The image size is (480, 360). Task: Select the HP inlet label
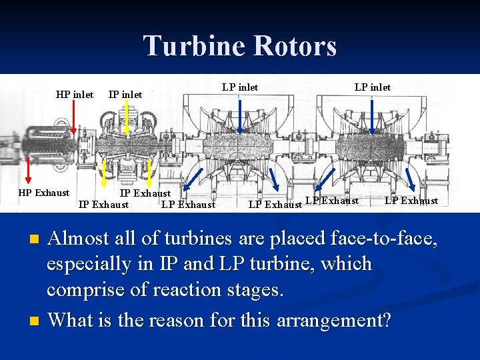pos(75,95)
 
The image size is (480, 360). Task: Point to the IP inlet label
pos(125,95)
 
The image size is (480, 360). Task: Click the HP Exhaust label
pos(43,193)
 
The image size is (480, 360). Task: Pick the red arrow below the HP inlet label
pos(73,123)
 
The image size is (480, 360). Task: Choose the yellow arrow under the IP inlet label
pos(127,123)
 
